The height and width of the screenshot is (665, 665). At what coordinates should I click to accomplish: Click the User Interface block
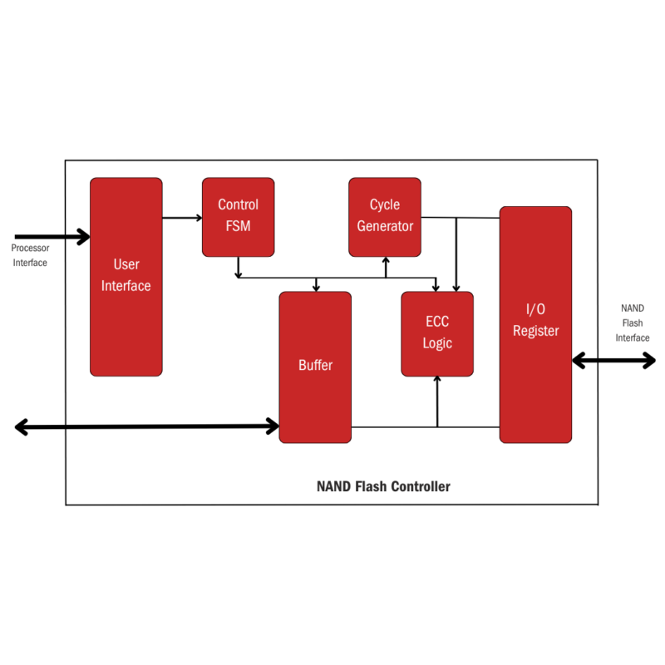(126, 276)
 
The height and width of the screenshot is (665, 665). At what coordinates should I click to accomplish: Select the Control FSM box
(239, 216)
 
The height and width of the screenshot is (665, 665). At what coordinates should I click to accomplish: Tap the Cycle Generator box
(385, 216)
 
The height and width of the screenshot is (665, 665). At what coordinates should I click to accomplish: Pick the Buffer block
(315, 367)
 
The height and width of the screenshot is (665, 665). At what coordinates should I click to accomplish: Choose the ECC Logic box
(437, 333)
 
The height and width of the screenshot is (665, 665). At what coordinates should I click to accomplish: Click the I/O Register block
(535, 324)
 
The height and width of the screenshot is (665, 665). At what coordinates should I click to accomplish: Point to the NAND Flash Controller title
(383, 486)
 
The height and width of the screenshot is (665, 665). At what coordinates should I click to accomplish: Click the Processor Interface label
(30, 255)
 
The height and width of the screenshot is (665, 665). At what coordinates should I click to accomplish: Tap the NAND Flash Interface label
(633, 323)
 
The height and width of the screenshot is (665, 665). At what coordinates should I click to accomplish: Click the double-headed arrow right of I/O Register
(613, 360)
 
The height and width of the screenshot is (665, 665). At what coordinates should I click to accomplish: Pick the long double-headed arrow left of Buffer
(147, 426)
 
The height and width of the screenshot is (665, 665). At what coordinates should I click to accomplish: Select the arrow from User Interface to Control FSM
(182, 218)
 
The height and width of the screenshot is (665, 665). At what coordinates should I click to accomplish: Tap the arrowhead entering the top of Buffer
(316, 287)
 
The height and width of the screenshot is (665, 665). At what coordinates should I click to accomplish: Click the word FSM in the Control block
(239, 226)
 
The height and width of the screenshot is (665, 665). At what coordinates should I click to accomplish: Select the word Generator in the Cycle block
(385, 226)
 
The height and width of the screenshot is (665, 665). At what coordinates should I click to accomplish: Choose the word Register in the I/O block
(535, 331)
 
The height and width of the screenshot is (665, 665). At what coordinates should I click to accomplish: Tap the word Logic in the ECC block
(437, 343)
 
